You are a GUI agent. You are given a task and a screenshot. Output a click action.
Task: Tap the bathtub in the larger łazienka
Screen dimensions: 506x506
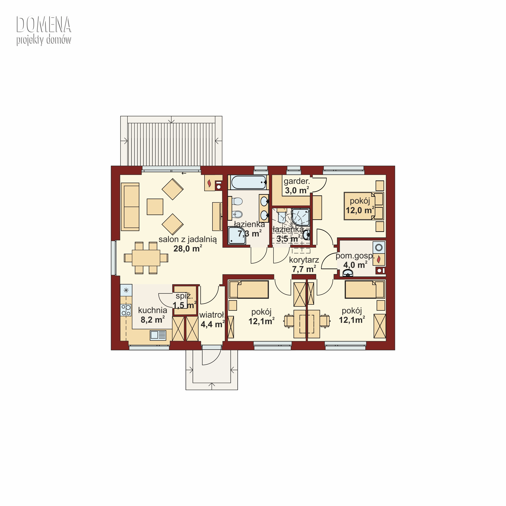pos(249,182)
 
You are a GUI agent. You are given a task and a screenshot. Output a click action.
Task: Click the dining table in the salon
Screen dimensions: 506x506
pos(146,258)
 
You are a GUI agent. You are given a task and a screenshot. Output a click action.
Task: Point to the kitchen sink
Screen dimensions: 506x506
pos(158,335)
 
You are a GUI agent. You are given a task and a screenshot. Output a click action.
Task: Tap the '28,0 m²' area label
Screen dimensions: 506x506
pos(188,248)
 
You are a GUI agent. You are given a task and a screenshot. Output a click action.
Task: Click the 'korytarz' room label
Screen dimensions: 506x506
pos(304,260)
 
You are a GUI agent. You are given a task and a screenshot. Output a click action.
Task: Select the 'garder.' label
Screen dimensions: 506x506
pos(297,181)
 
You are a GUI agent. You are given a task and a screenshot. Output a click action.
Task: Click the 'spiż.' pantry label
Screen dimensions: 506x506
pos(184,296)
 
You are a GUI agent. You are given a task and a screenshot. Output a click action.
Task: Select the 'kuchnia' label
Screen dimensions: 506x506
pos(153,310)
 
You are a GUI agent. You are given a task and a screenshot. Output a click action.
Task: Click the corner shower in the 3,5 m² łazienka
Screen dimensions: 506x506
pos(301,217)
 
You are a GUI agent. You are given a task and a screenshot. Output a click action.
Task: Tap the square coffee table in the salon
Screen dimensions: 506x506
pos(155,207)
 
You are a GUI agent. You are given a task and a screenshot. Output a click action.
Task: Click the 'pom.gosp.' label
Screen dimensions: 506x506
pos(355,256)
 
